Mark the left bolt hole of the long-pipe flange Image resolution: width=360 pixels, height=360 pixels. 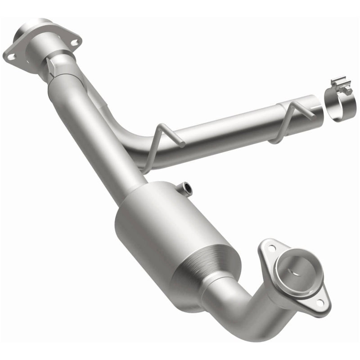(11, 56)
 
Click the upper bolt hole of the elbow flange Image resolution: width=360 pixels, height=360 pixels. (271, 247)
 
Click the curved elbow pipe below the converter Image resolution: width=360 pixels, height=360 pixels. (243, 310)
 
